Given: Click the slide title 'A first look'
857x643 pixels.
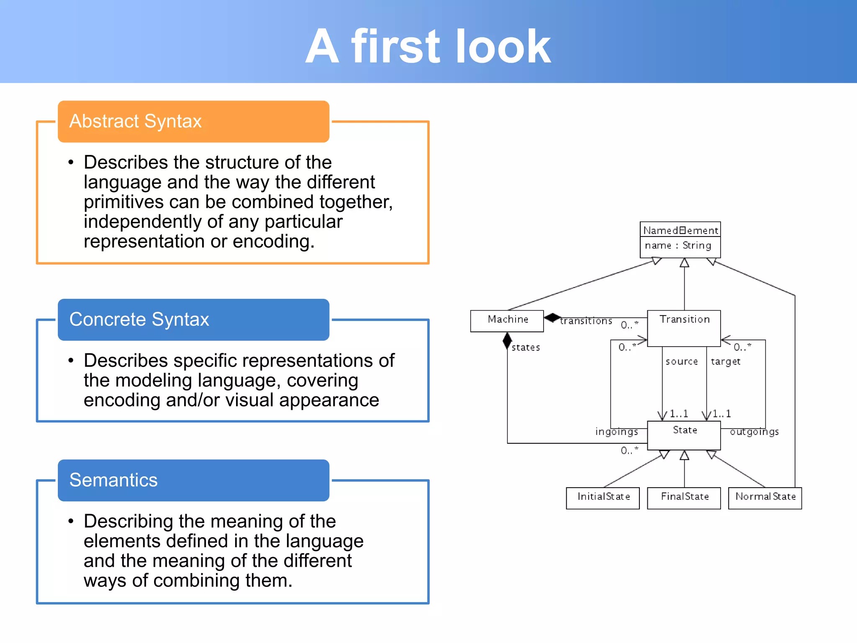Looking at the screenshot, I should pyautogui.click(x=428, y=46).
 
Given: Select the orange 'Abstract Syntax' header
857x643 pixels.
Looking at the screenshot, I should pyautogui.click(x=193, y=121).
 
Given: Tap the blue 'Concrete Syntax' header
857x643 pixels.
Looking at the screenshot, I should pyautogui.click(x=193, y=319).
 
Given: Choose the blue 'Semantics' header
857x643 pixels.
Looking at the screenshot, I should pyautogui.click(x=193, y=480).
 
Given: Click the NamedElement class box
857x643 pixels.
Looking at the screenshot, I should pyautogui.click(x=680, y=239).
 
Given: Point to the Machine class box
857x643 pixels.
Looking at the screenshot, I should pyautogui.click(x=507, y=321).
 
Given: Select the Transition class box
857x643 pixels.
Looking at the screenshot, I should pyautogui.click(x=684, y=328).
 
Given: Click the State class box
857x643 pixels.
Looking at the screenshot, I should pyautogui.click(x=684, y=435).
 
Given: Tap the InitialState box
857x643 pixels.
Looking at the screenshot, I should pyautogui.click(x=603, y=497).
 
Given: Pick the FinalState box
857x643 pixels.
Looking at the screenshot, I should pyautogui.click(x=684, y=497).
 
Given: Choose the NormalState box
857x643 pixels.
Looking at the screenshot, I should pyautogui.click(x=765, y=497).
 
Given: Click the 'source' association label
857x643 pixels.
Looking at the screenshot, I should pyautogui.click(x=681, y=361).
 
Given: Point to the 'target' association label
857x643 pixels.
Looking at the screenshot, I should pyautogui.click(x=725, y=361).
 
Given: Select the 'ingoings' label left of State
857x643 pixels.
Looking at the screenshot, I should pyautogui.click(x=616, y=432).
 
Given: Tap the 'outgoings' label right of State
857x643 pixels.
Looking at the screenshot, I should pyautogui.click(x=754, y=432).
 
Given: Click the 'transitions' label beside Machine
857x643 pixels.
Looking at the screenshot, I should pyautogui.click(x=586, y=321).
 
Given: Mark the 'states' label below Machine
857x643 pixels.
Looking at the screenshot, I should pyautogui.click(x=526, y=347).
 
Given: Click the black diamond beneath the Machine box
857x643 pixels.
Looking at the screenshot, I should pyautogui.click(x=507, y=341).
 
